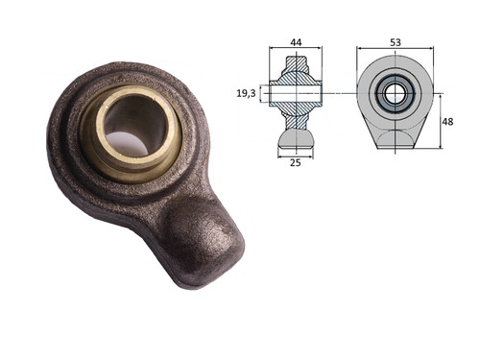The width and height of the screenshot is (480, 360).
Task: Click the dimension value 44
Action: (296, 42)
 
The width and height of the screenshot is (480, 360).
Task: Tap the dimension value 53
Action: (396, 42)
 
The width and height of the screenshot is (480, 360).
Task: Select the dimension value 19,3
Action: (246, 93)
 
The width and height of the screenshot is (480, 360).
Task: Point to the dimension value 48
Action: (447, 122)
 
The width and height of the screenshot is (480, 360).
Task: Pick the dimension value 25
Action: (296, 162)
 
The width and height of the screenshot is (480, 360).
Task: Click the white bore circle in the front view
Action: (396, 94)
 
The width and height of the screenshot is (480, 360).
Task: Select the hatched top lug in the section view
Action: (297, 65)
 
